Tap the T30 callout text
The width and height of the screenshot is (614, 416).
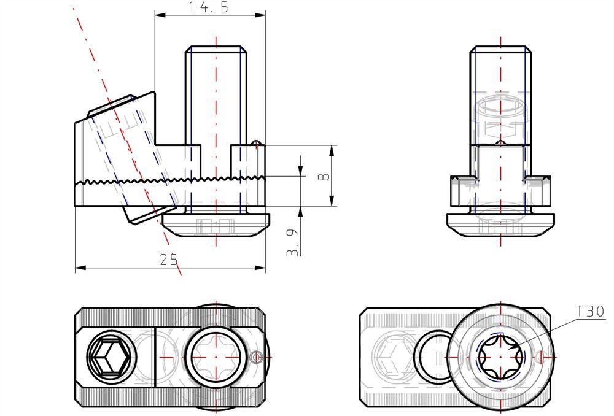(x=590, y=312)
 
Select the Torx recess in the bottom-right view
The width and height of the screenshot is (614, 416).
(x=500, y=357)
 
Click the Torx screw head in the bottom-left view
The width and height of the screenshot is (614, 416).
(x=216, y=357)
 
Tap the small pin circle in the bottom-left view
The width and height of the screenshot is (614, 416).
(x=257, y=356)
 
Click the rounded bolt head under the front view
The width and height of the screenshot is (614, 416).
(x=216, y=225)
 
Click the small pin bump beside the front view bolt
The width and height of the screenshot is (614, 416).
(x=257, y=142)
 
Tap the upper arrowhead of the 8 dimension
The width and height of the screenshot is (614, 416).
(x=332, y=149)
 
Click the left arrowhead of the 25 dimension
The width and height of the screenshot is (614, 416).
(x=79, y=268)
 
